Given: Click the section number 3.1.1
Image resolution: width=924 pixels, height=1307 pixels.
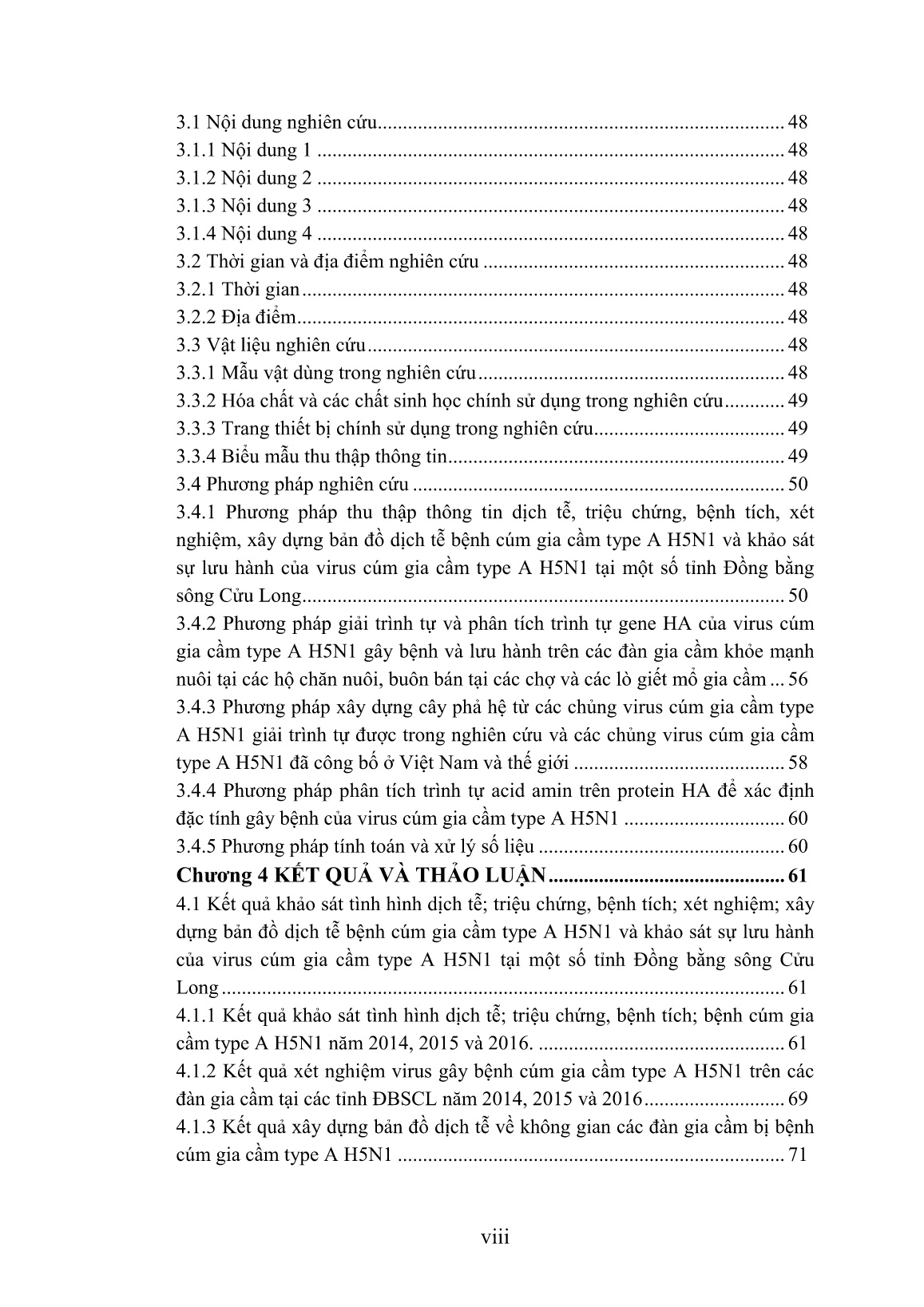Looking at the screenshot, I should click(x=195, y=150).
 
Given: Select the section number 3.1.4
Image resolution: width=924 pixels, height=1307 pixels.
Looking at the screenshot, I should click(x=195, y=234).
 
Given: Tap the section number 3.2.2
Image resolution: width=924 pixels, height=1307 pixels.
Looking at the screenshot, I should click(x=195, y=317).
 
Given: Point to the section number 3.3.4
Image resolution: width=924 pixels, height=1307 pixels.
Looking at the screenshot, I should click(x=195, y=456).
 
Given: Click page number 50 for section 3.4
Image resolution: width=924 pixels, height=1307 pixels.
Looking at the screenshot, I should click(x=797, y=484).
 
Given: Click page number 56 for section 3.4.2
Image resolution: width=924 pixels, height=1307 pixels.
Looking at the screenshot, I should click(x=797, y=679).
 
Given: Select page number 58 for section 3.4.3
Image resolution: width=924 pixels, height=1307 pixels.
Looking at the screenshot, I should click(x=797, y=762).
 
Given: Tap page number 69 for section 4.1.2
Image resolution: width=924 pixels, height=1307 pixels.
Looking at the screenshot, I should click(x=797, y=1099).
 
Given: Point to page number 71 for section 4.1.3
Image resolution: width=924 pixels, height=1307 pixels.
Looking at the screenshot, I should click(x=797, y=1155).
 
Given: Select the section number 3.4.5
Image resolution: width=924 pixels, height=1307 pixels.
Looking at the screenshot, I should click(x=195, y=846).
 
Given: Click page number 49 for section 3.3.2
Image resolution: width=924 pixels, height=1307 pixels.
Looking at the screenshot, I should click(x=797, y=401).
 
